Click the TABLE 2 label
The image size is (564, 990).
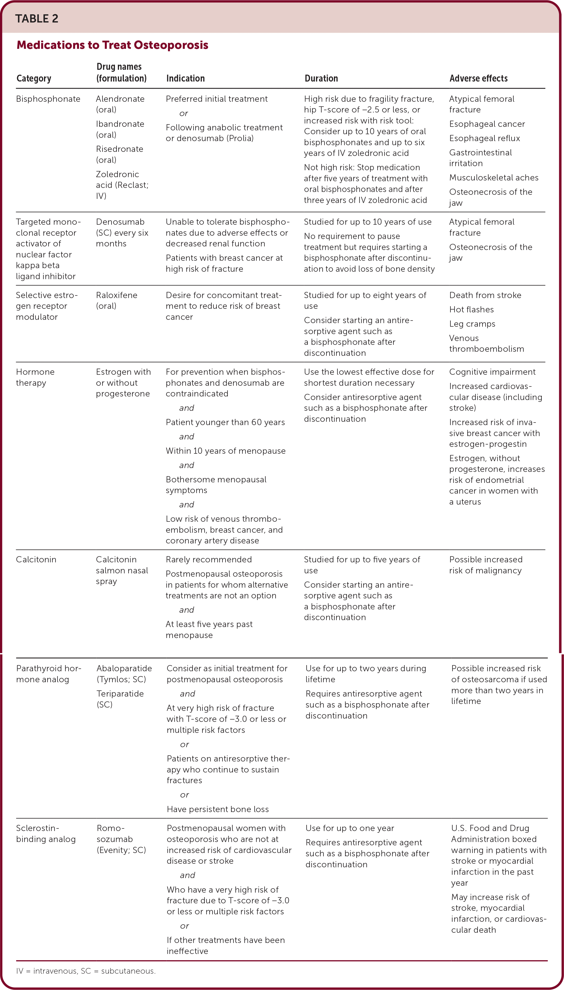37,19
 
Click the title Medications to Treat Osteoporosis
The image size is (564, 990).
112,45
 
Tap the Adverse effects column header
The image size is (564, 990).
478,78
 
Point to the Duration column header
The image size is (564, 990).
321,78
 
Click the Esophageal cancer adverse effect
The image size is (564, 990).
487,124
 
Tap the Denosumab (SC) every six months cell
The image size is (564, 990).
122,232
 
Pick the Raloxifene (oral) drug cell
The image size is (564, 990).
116,300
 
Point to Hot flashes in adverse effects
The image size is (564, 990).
471,309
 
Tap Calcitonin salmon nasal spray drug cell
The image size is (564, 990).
122,570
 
